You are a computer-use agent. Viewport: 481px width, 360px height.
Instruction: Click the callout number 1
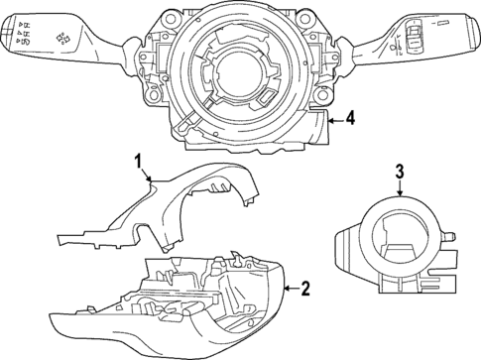point(140,160)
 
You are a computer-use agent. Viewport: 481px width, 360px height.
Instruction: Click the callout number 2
point(304,289)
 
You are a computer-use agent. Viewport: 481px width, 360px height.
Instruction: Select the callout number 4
point(351,121)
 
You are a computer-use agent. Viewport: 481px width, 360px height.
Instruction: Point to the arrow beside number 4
point(335,121)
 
